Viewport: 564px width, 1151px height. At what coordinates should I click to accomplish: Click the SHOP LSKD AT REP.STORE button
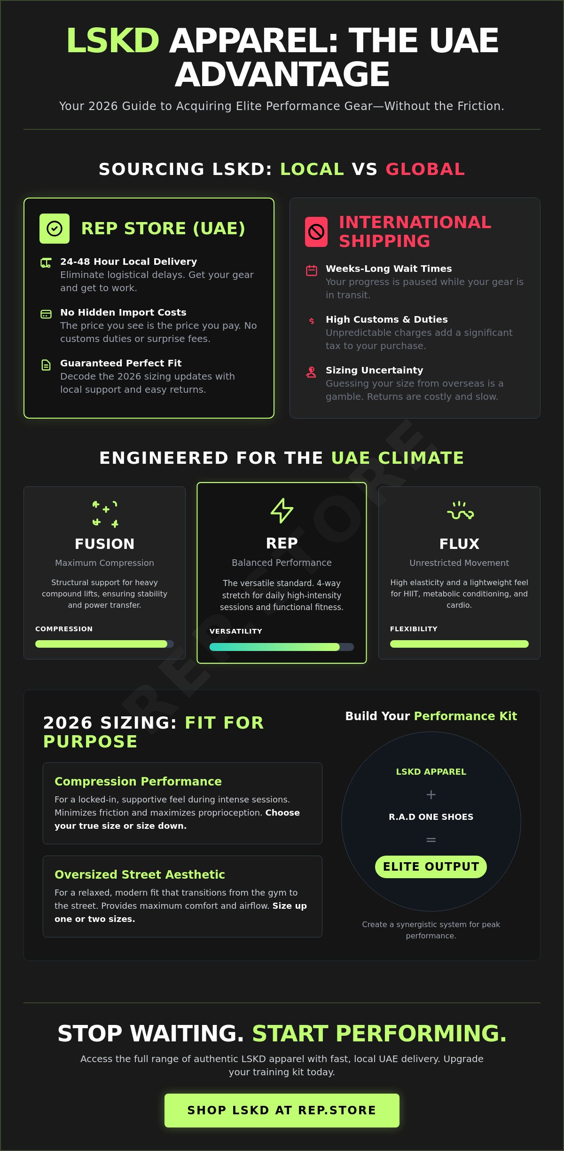[x=282, y=1110]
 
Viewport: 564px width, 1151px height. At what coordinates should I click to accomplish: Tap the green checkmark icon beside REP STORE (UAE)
[x=55, y=229]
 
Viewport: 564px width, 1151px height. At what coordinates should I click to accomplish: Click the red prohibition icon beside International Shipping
[x=316, y=232]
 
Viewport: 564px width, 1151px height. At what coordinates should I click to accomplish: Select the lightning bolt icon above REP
[x=282, y=510]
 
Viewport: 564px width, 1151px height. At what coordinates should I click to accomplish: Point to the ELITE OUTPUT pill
[x=431, y=866]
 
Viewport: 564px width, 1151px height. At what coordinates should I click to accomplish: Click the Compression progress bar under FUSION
[x=104, y=644]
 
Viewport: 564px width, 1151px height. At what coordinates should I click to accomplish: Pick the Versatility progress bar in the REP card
[x=282, y=647]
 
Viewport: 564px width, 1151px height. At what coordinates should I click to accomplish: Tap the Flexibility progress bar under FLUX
[x=459, y=644]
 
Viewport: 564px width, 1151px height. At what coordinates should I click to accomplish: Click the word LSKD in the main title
[x=113, y=40]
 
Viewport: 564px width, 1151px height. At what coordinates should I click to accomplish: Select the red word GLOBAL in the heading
[x=425, y=169]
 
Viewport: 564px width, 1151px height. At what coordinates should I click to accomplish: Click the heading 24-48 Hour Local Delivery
[x=128, y=262]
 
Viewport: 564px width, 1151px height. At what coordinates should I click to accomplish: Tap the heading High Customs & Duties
[x=387, y=319]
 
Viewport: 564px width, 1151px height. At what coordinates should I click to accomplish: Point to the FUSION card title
[x=104, y=544]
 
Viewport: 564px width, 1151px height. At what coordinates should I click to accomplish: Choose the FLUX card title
[x=459, y=544]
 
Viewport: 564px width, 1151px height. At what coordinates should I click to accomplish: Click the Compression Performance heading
[x=138, y=781]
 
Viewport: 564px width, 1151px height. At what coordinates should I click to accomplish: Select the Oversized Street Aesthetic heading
[x=140, y=874]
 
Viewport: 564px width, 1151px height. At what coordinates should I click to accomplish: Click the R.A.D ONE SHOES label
[x=431, y=817]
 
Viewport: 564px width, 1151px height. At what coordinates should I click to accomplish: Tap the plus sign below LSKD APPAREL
[x=431, y=794]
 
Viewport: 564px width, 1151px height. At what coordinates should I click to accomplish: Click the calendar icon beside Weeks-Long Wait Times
[x=312, y=270]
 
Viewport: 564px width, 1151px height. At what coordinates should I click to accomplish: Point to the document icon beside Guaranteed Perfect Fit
[x=46, y=365]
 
